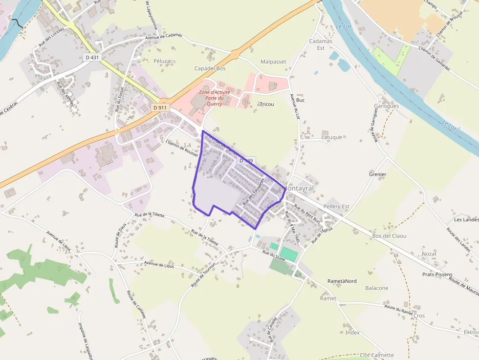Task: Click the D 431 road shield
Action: (92, 57)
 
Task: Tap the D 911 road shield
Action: (160, 107)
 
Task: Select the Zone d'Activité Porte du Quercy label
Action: (214, 98)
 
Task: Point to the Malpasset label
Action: (273, 62)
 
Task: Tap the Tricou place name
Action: (267, 105)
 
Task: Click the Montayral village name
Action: (298, 189)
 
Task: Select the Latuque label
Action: (332, 137)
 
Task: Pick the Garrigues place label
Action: (386, 106)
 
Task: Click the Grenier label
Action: (378, 174)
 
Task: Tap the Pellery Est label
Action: (336, 207)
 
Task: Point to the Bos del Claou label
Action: (390, 236)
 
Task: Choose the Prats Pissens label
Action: (437, 275)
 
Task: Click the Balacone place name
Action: (377, 288)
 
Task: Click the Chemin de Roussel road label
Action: (181, 148)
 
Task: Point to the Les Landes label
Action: (465, 220)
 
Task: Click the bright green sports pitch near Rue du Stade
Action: (288, 254)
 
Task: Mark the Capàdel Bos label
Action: (210, 69)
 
